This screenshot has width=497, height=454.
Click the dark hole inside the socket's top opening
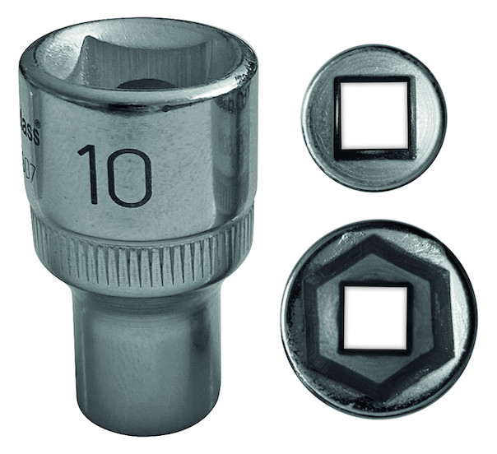pyautogui.click(x=146, y=83)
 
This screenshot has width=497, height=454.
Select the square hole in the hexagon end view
pyautogui.click(x=375, y=317)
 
